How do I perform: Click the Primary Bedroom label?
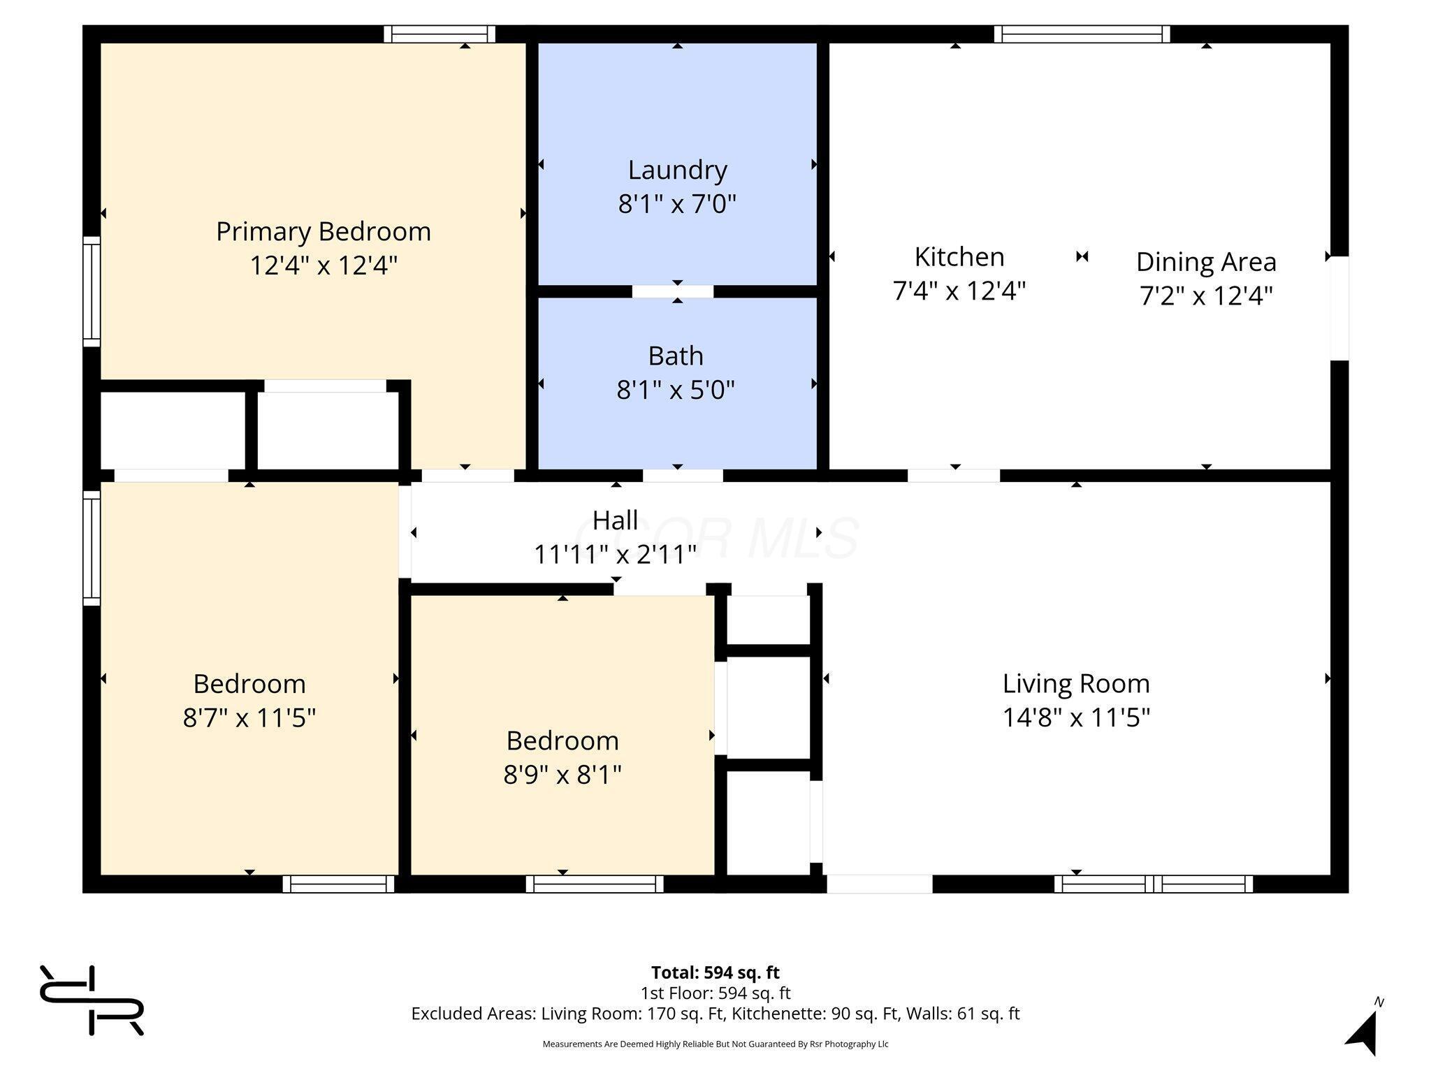pyautogui.click(x=324, y=231)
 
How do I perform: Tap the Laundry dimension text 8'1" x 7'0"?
pyautogui.click(x=677, y=204)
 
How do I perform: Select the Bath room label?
pyautogui.click(x=676, y=356)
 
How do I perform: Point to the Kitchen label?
pyautogui.click(x=959, y=256)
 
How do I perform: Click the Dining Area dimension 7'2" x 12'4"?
pyautogui.click(x=1206, y=295)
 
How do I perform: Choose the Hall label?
pyautogui.click(x=615, y=520)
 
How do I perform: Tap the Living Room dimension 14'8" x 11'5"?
pyautogui.click(x=1076, y=717)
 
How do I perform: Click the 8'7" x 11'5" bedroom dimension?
pyautogui.click(x=249, y=717)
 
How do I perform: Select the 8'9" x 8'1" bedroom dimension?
pyautogui.click(x=562, y=774)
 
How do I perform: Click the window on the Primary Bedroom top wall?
pyautogui.click(x=440, y=34)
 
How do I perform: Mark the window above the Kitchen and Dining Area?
pyautogui.click(x=1082, y=34)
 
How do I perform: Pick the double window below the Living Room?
pyautogui.click(x=1153, y=884)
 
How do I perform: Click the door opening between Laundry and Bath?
pyautogui.click(x=673, y=291)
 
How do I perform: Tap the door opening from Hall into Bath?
pyautogui.click(x=683, y=476)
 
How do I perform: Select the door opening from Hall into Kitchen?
pyautogui.click(x=954, y=476)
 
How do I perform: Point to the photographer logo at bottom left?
pyautogui.click(x=92, y=1000)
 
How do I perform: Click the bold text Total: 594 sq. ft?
pyautogui.click(x=715, y=972)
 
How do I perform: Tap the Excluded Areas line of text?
pyautogui.click(x=715, y=1014)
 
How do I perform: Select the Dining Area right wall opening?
pyautogui.click(x=1339, y=308)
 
